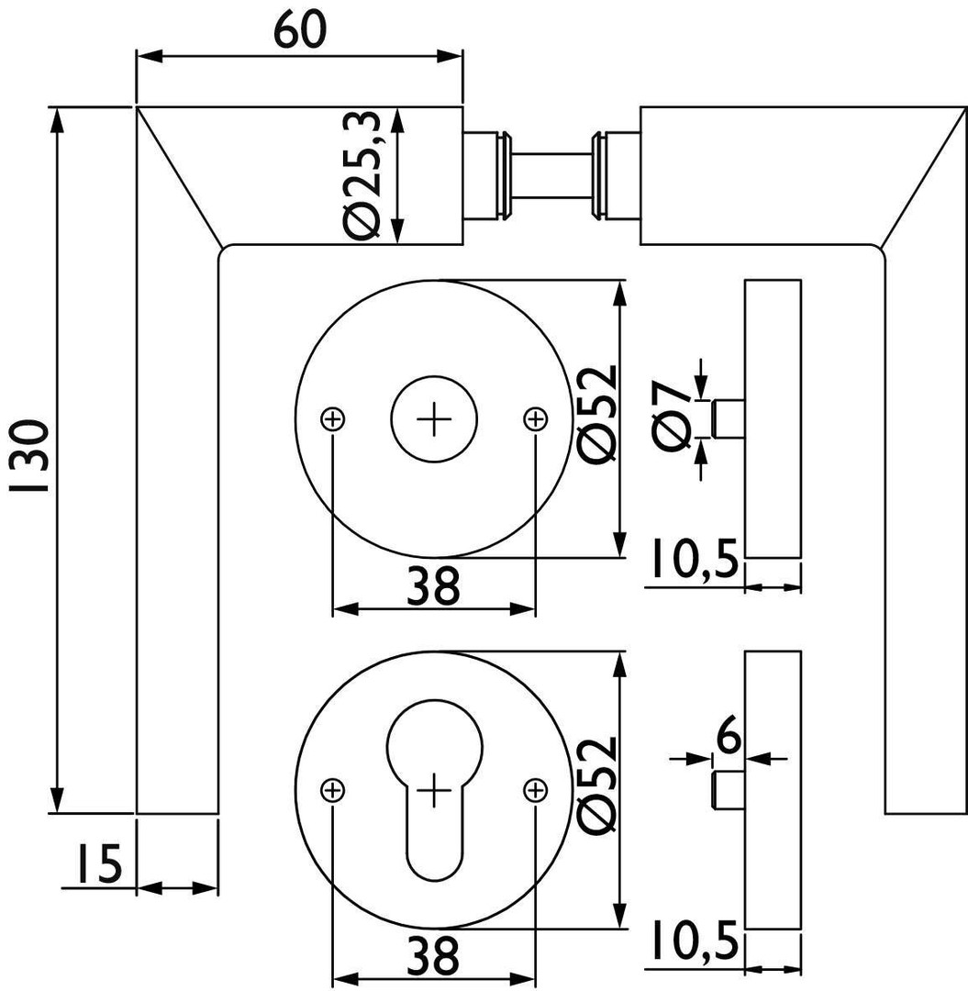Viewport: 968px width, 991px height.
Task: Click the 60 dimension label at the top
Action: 299,31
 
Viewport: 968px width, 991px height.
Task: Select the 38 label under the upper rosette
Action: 433,586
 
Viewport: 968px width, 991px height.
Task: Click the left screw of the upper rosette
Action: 333,419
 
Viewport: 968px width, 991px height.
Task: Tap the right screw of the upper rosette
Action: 535,419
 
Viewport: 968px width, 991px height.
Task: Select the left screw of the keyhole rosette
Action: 333,790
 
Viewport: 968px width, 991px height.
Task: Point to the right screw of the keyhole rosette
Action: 535,790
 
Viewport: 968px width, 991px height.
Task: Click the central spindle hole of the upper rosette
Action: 434,419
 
